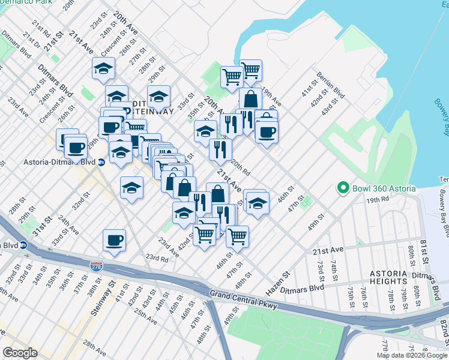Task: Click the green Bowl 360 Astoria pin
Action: click(343, 188)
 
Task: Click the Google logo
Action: click(20, 352)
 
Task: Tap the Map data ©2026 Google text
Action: click(412, 355)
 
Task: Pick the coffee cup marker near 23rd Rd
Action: click(114, 240)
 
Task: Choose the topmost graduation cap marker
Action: click(104, 68)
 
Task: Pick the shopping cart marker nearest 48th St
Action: click(237, 236)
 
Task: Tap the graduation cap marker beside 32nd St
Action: click(132, 188)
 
